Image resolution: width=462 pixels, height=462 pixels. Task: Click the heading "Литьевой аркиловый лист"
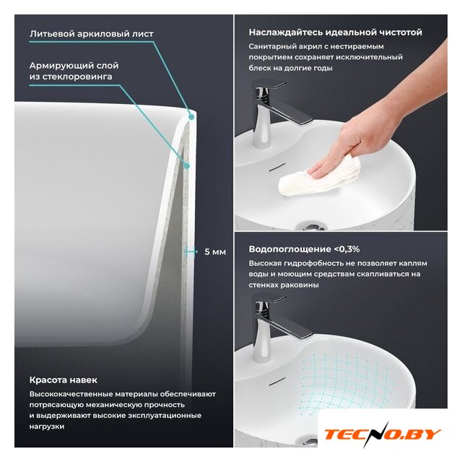pyautogui.click(x=92, y=34)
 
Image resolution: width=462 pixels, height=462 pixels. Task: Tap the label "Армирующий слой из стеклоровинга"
pyautogui.click(x=74, y=71)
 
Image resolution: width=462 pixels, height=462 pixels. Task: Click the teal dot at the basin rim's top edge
pyautogui.click(x=191, y=117)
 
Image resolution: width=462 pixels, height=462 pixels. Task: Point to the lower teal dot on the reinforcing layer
pyautogui.click(x=186, y=166)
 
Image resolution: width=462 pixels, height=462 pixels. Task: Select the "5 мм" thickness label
pyautogui.click(x=215, y=252)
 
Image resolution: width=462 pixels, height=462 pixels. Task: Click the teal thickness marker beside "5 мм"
pyautogui.click(x=191, y=252)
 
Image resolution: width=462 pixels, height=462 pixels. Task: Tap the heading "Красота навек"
pyautogui.click(x=64, y=380)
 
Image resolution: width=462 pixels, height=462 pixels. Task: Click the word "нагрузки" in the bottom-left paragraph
pyautogui.click(x=47, y=427)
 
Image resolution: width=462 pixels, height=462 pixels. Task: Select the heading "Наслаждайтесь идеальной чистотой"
pyautogui.click(x=335, y=32)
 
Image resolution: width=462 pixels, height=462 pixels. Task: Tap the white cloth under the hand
pyautogui.click(x=320, y=177)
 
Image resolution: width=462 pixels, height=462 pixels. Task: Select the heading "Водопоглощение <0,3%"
pyautogui.click(x=304, y=249)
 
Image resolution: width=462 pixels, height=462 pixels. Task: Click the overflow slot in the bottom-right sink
pyautogui.click(x=277, y=380)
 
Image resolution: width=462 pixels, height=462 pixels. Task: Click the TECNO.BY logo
pyautogui.click(x=383, y=435)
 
